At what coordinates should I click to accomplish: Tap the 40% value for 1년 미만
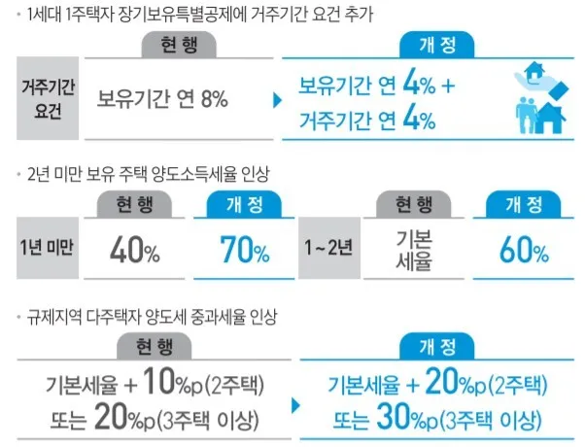tap(134, 251)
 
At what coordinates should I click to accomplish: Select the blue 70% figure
tap(244, 251)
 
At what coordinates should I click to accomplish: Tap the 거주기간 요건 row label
tap(50, 97)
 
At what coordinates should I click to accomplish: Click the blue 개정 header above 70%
tap(245, 204)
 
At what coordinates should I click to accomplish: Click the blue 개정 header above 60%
tap(524, 204)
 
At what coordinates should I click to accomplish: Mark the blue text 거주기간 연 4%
tap(367, 120)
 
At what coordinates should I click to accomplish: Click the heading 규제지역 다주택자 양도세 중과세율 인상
tap(150, 317)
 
